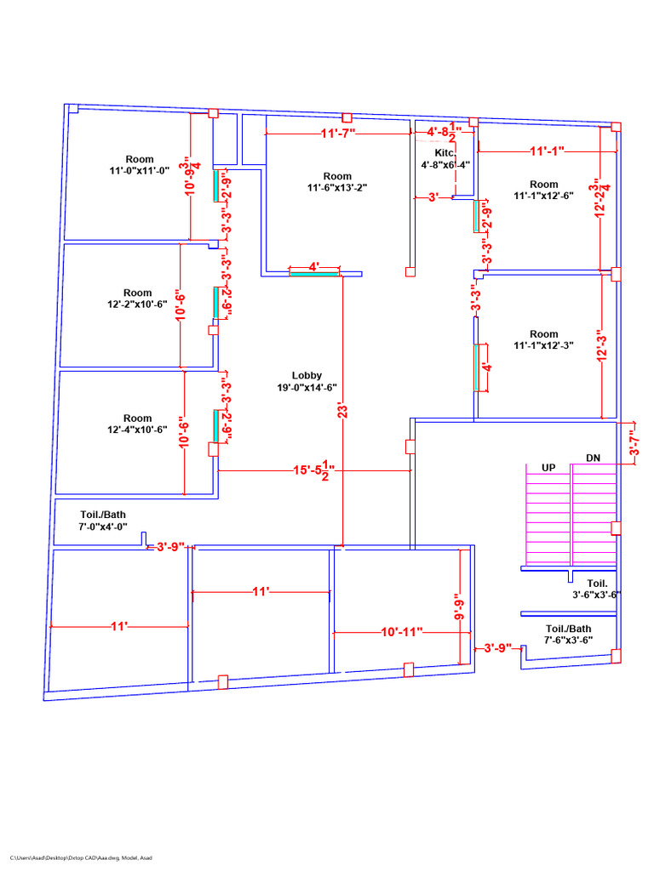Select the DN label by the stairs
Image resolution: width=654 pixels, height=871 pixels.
pos(593,458)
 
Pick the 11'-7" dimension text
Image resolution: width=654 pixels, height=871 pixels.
pos(338,134)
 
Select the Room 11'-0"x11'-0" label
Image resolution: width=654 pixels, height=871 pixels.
pos(140,165)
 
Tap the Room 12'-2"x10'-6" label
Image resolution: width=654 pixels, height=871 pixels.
pos(137,299)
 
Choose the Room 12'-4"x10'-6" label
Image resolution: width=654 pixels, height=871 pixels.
pos(137,424)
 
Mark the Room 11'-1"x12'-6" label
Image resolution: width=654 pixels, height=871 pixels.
pos(543,190)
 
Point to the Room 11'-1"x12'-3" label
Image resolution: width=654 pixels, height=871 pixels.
pos(543,339)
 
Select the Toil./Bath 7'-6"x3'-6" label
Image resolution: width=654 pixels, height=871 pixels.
pos(569,634)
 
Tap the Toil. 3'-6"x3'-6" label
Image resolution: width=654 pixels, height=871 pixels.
pos(596,589)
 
